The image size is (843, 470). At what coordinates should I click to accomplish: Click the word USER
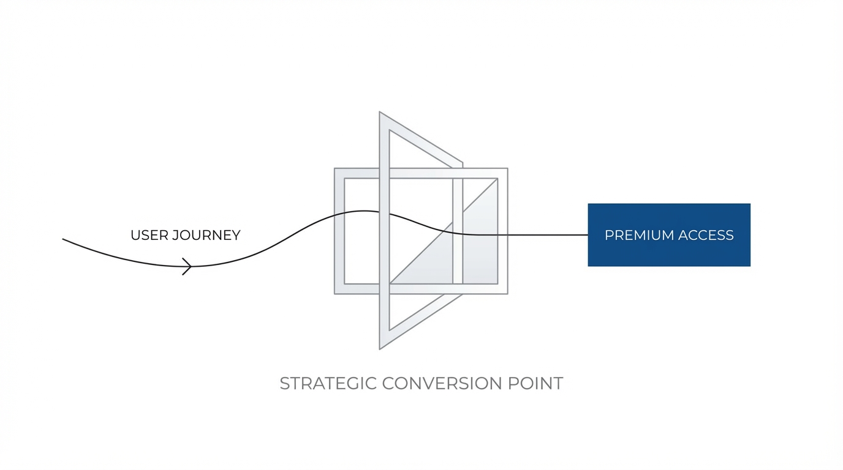pyautogui.click(x=149, y=236)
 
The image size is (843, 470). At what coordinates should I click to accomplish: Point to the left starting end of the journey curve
pyautogui.click(x=63, y=239)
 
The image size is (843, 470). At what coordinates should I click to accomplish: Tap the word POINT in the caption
pyautogui.click(x=535, y=384)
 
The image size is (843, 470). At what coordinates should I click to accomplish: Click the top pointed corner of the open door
pyautogui.click(x=380, y=113)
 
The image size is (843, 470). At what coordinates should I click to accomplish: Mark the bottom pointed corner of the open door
pyautogui.click(x=380, y=348)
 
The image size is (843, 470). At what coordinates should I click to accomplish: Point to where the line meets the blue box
pyautogui.click(x=588, y=235)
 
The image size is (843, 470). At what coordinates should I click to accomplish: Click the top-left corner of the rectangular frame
pyautogui.click(x=335, y=169)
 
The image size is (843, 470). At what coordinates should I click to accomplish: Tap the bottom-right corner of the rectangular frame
pyautogui.click(x=507, y=293)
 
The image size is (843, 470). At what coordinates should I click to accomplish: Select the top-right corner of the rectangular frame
pyautogui.click(x=507, y=169)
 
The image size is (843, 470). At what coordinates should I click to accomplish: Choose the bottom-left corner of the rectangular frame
pyautogui.click(x=335, y=293)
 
